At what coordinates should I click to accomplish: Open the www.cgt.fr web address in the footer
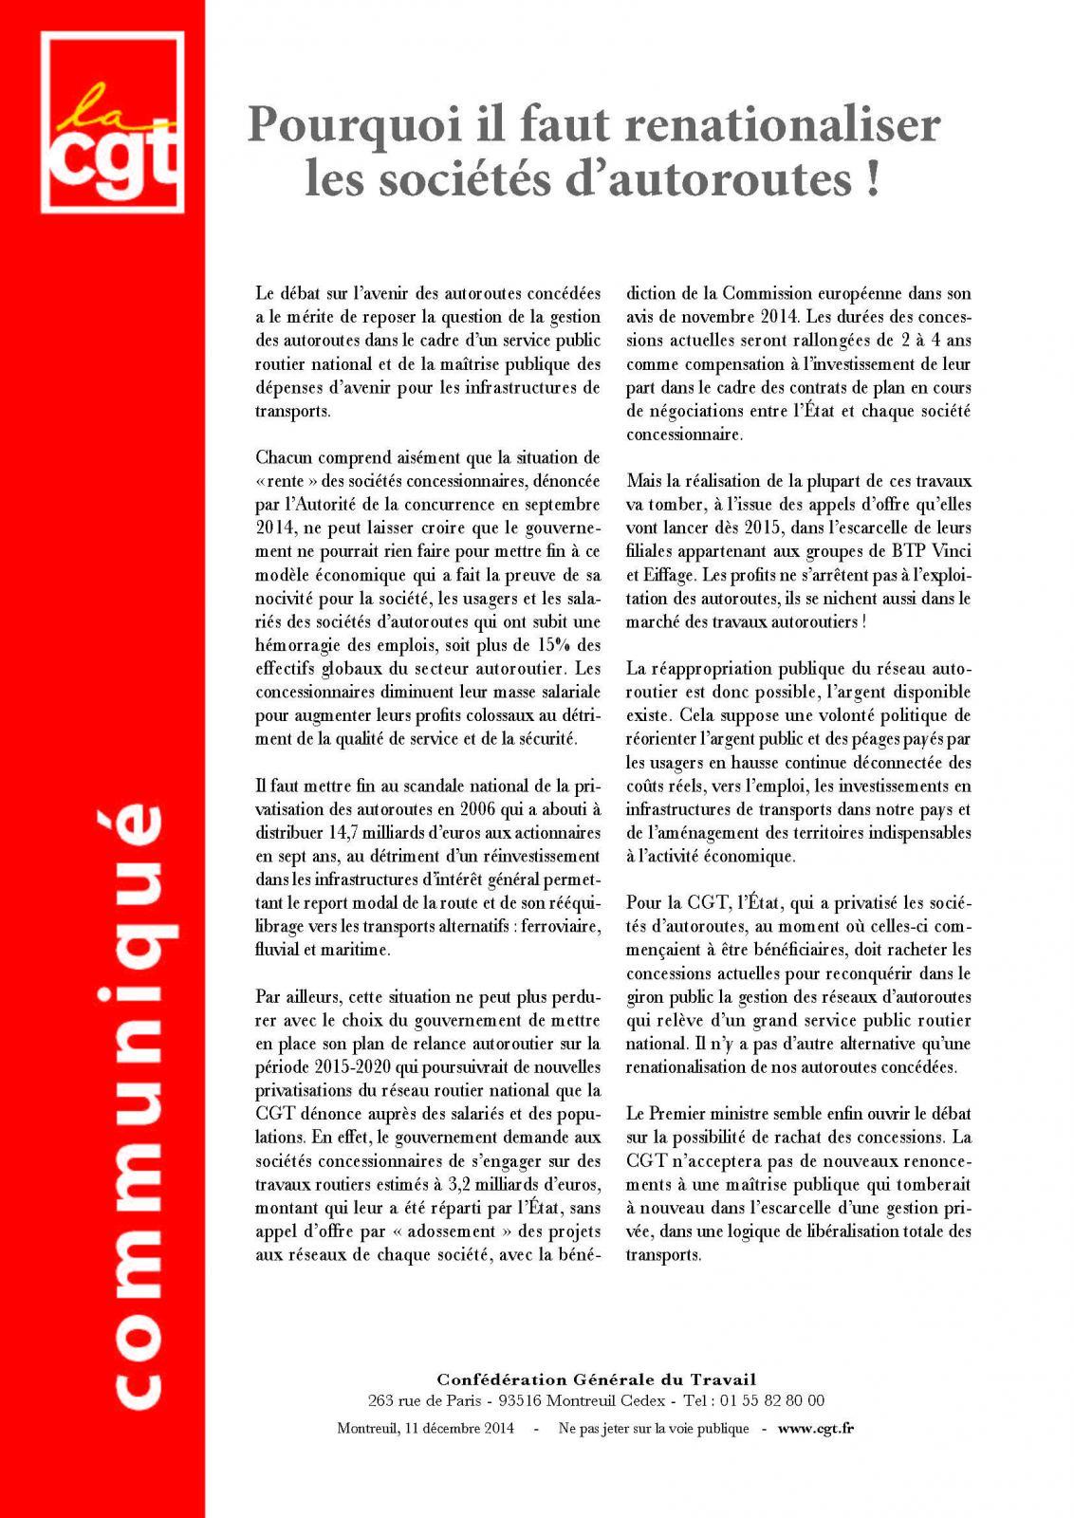click(814, 1429)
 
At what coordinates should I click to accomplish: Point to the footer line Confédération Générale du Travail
click(596, 1379)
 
